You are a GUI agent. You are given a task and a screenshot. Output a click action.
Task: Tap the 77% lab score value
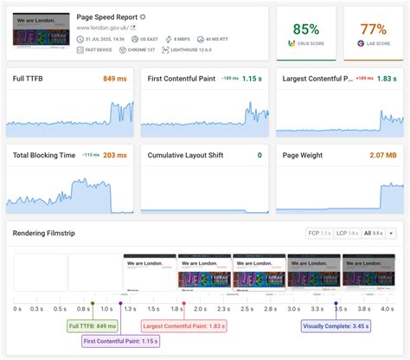(373, 29)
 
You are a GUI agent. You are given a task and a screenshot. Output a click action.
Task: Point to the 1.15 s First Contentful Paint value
(251, 80)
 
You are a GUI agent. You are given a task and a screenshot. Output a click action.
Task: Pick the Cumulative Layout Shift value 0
(259, 155)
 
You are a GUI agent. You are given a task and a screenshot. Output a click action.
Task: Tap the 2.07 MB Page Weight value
(383, 155)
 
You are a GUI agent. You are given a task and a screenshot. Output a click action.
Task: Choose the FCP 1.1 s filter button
(319, 234)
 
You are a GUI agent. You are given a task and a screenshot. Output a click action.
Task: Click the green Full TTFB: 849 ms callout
(92, 326)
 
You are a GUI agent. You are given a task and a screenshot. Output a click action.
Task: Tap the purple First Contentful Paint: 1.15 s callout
(121, 342)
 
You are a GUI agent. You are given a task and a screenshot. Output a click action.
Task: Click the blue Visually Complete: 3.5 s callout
(336, 326)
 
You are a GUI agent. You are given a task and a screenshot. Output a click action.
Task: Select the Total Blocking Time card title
(44, 155)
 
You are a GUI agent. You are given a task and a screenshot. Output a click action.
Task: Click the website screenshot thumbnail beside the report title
(41, 29)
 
